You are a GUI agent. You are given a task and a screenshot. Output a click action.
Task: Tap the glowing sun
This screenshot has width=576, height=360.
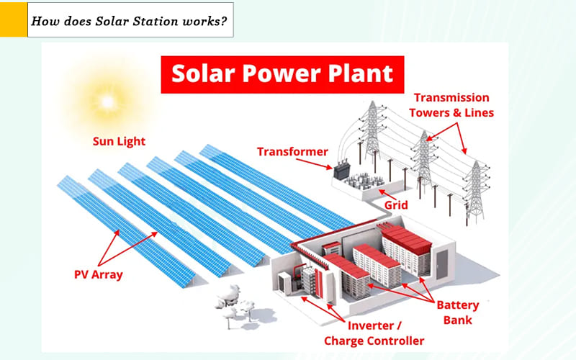point(107,101)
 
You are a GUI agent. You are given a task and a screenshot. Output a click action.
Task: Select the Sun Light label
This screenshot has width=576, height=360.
point(120,140)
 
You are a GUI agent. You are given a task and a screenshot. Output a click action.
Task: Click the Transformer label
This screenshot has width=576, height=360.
point(292,152)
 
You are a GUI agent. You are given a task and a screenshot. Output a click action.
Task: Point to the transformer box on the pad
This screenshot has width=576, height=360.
point(340,172)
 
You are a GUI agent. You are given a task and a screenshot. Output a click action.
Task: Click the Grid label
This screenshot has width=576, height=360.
point(395,205)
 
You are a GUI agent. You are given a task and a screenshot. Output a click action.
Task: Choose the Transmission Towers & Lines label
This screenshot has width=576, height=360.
point(451,105)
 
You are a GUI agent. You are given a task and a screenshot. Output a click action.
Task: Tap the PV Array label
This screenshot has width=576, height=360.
point(99,274)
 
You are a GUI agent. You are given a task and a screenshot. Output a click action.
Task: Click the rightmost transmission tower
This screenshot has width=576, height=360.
point(476,191)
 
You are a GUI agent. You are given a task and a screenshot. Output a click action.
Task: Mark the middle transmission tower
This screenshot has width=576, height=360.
point(424,162)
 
